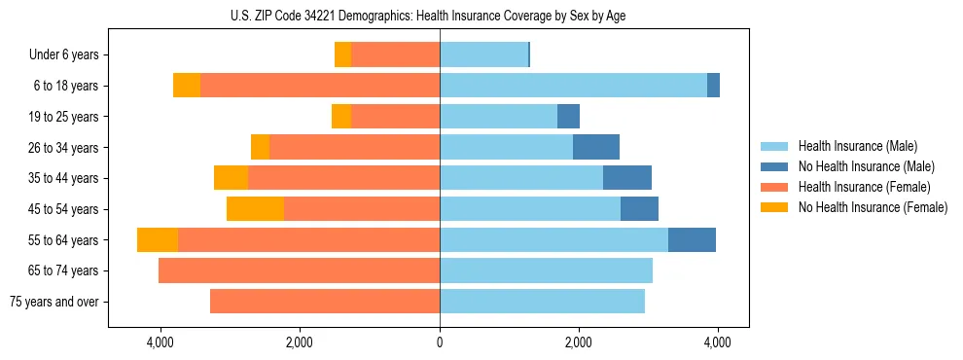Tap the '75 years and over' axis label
[x=53, y=302]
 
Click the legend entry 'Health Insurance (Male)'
[x=858, y=146]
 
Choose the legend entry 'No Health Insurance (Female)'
[x=873, y=207]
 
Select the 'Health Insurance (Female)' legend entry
[x=865, y=187]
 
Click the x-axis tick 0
[x=440, y=342]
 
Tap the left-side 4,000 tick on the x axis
[x=160, y=342]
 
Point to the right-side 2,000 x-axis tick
[x=579, y=342]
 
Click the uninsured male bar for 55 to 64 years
[x=692, y=239]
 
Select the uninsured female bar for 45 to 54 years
[x=255, y=209]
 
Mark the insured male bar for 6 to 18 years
[x=573, y=86]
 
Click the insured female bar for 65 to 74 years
[x=299, y=270]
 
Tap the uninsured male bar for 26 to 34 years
[x=596, y=147]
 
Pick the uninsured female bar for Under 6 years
[x=342, y=54]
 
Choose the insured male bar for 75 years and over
[x=542, y=302]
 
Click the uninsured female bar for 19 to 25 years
[x=341, y=117]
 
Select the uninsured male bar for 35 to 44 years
[x=627, y=178]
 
